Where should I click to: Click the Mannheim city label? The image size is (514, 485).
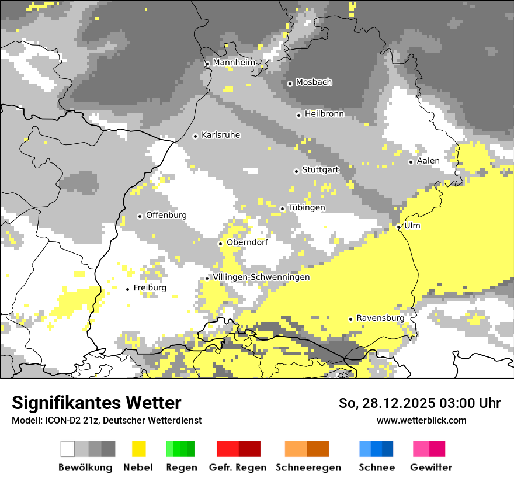click(234, 63)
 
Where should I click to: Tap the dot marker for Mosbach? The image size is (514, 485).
click(290, 84)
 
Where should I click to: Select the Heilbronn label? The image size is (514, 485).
click(324, 114)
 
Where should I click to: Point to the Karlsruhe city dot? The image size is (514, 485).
click(196, 136)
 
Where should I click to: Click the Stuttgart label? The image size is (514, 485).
click(320, 170)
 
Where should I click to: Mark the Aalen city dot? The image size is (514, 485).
click(411, 162)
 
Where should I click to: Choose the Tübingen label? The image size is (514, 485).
click(307, 208)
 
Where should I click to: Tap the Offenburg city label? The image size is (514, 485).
click(166, 215)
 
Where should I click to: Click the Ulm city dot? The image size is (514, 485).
click(398, 227)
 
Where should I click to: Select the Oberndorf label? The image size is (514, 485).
click(247, 243)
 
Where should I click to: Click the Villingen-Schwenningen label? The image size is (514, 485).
click(261, 277)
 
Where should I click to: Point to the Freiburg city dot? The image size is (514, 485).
click(128, 289)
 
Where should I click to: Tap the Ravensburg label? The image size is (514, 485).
click(380, 318)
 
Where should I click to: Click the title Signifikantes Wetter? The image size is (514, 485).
click(96, 403)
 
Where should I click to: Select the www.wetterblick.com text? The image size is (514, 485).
click(421, 420)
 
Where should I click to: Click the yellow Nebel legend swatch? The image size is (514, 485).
click(138, 449)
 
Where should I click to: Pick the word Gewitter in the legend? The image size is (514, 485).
click(430, 467)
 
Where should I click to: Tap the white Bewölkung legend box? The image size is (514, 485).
click(68, 449)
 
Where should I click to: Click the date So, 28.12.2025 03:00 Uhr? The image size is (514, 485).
click(419, 403)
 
